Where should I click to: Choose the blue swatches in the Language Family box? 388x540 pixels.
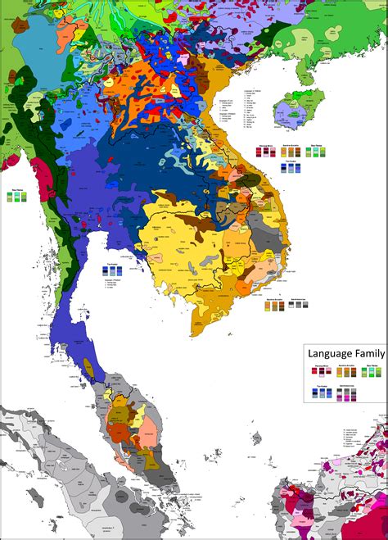click(x=321, y=393)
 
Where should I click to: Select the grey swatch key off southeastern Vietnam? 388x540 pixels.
click(x=300, y=304)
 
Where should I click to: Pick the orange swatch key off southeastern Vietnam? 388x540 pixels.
click(x=276, y=305)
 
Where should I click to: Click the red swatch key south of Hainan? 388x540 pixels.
click(x=264, y=153)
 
